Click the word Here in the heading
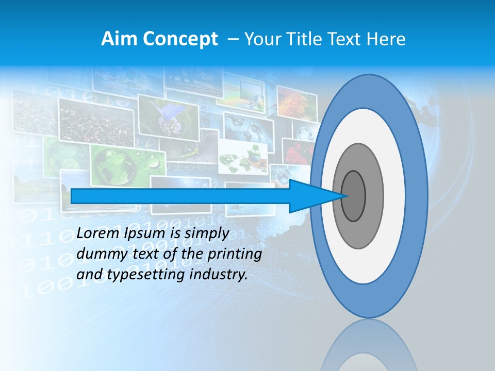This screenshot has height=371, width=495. pos(387,39)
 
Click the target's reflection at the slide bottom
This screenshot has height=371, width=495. pos(369,345)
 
